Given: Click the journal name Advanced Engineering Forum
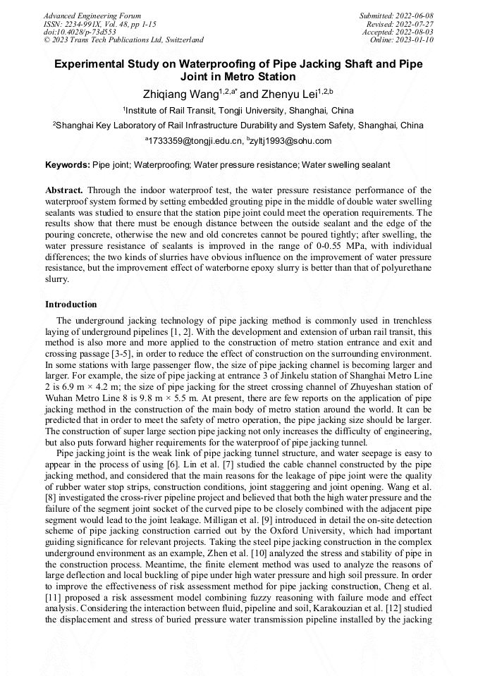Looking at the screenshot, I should point(92,16).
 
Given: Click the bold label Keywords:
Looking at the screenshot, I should point(68,165).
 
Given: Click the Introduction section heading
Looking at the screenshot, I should point(71,305).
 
